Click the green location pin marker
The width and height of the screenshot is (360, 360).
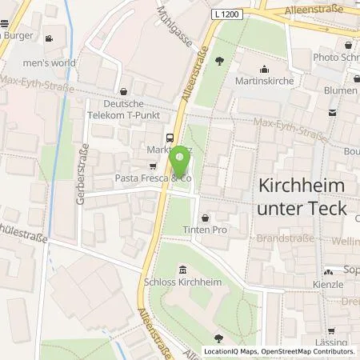(182, 160)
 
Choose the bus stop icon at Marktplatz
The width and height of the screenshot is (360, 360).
(169, 136)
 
